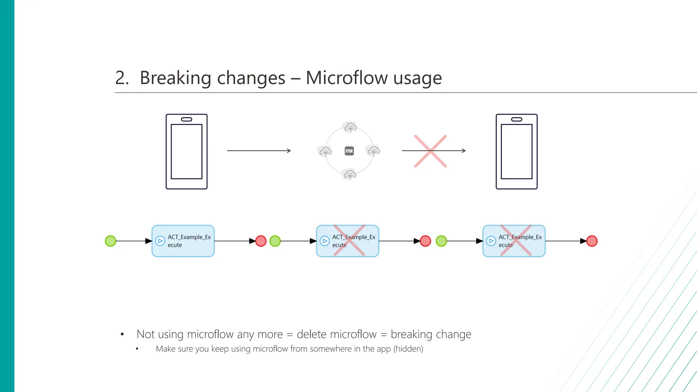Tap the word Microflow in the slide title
coord(346,78)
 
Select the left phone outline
coord(187,152)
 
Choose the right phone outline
coord(516,152)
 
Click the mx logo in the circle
coord(349,151)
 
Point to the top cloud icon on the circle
coord(350,128)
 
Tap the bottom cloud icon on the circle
coord(350,175)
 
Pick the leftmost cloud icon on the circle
coord(325,151)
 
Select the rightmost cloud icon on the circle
coord(374,150)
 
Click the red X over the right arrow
coord(430,151)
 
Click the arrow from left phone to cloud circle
coord(259,150)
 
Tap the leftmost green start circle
coord(111,241)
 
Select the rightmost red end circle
coord(592,241)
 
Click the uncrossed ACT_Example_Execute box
coord(183,241)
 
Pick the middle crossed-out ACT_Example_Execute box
coord(347,241)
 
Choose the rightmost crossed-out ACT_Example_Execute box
coord(514,241)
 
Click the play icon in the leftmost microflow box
coord(160,241)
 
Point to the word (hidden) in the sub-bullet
coord(408,349)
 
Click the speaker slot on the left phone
coord(187,119)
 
